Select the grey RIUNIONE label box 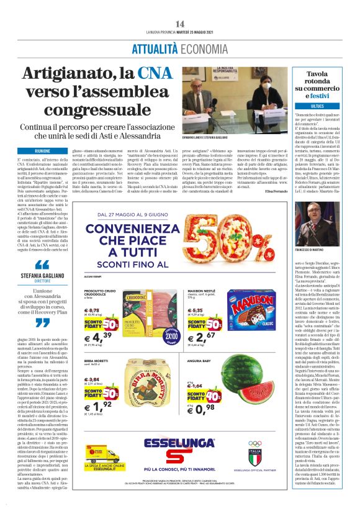(43, 151)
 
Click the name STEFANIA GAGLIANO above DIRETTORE (43, 274)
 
